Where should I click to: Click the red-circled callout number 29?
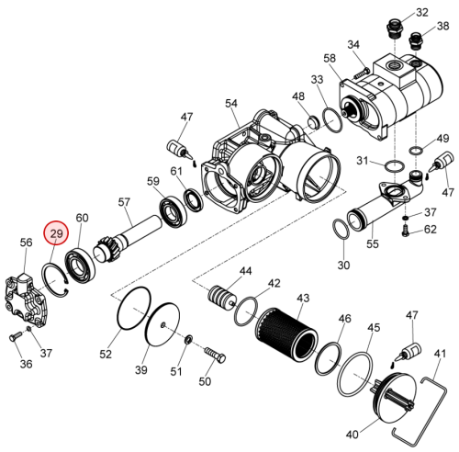56,233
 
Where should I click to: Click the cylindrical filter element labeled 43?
286,333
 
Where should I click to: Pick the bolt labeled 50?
215,355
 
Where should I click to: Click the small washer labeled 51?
189,339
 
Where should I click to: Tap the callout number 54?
231,103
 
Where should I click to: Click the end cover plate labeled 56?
25,300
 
